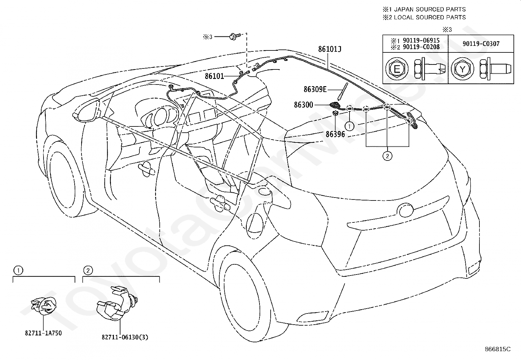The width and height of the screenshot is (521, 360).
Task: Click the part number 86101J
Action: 330,49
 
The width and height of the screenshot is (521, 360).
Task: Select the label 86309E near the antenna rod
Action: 315,89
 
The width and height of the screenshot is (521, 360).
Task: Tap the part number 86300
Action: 303,105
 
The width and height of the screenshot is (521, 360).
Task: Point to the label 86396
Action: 335,134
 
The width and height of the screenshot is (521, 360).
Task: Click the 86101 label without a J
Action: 214,76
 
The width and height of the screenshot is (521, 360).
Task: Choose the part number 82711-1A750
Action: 43,333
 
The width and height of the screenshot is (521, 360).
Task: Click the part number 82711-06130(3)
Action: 125,337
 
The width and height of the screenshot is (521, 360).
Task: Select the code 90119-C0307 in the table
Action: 481,44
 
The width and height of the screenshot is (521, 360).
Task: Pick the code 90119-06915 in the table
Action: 421,40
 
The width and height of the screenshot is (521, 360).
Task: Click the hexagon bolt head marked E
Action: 397,69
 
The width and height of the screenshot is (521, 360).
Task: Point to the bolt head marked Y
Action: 462,69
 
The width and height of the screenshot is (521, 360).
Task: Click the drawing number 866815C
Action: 497,349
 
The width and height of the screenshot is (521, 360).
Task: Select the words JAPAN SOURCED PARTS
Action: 429,9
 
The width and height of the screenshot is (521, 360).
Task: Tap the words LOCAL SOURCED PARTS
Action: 429,17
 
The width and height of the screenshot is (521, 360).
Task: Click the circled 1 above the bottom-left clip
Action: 19,270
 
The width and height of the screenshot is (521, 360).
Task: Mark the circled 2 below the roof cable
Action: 387,156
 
